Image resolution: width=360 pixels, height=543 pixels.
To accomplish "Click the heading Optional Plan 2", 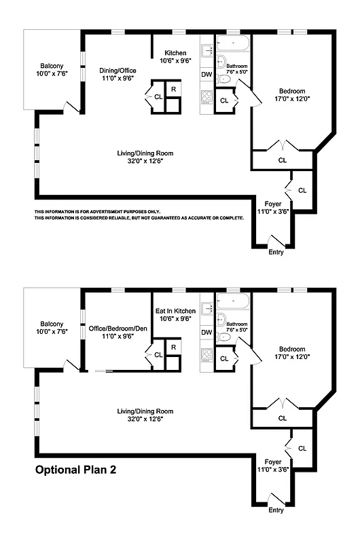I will [x=76, y=469].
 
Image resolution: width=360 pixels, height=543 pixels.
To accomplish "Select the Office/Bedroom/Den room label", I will [x=118, y=329].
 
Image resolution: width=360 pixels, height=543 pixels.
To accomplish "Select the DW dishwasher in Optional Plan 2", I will [x=206, y=333].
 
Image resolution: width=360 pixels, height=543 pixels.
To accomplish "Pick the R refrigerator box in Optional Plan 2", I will [x=174, y=348].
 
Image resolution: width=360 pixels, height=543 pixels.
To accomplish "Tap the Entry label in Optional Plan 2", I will [x=276, y=510].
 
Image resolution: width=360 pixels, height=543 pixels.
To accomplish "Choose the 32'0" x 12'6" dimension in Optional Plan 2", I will [x=141, y=419].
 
